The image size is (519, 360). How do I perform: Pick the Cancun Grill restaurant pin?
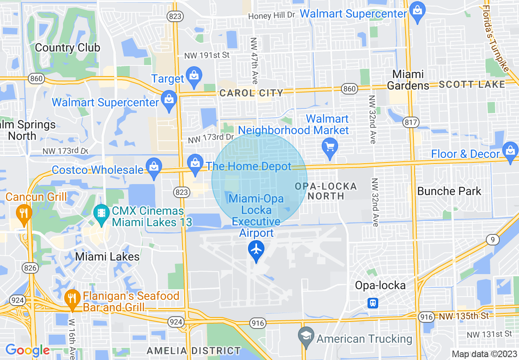24,213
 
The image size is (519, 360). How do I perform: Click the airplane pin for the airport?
257,250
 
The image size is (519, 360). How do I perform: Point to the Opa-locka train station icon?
373,303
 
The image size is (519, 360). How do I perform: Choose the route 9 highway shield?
493,240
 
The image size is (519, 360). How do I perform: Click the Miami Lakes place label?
108,257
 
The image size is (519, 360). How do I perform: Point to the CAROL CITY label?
251,93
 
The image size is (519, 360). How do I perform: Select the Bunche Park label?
449,191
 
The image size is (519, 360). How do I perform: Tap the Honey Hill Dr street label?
272,16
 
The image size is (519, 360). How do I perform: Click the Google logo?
27,350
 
